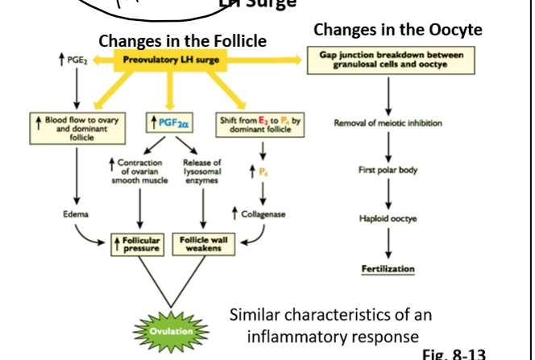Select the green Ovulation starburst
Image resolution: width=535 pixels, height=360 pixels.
(170, 331)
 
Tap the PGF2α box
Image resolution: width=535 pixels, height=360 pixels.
(168, 123)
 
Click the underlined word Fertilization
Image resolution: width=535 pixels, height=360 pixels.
(388, 268)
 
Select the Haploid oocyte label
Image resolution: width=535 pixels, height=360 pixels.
(388, 218)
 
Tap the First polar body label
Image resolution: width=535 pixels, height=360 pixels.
(388, 170)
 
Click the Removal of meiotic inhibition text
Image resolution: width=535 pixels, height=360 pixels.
(388, 123)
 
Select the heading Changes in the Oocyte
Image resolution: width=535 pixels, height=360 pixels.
(398, 30)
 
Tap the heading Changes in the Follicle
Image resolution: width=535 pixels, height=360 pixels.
(182, 40)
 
